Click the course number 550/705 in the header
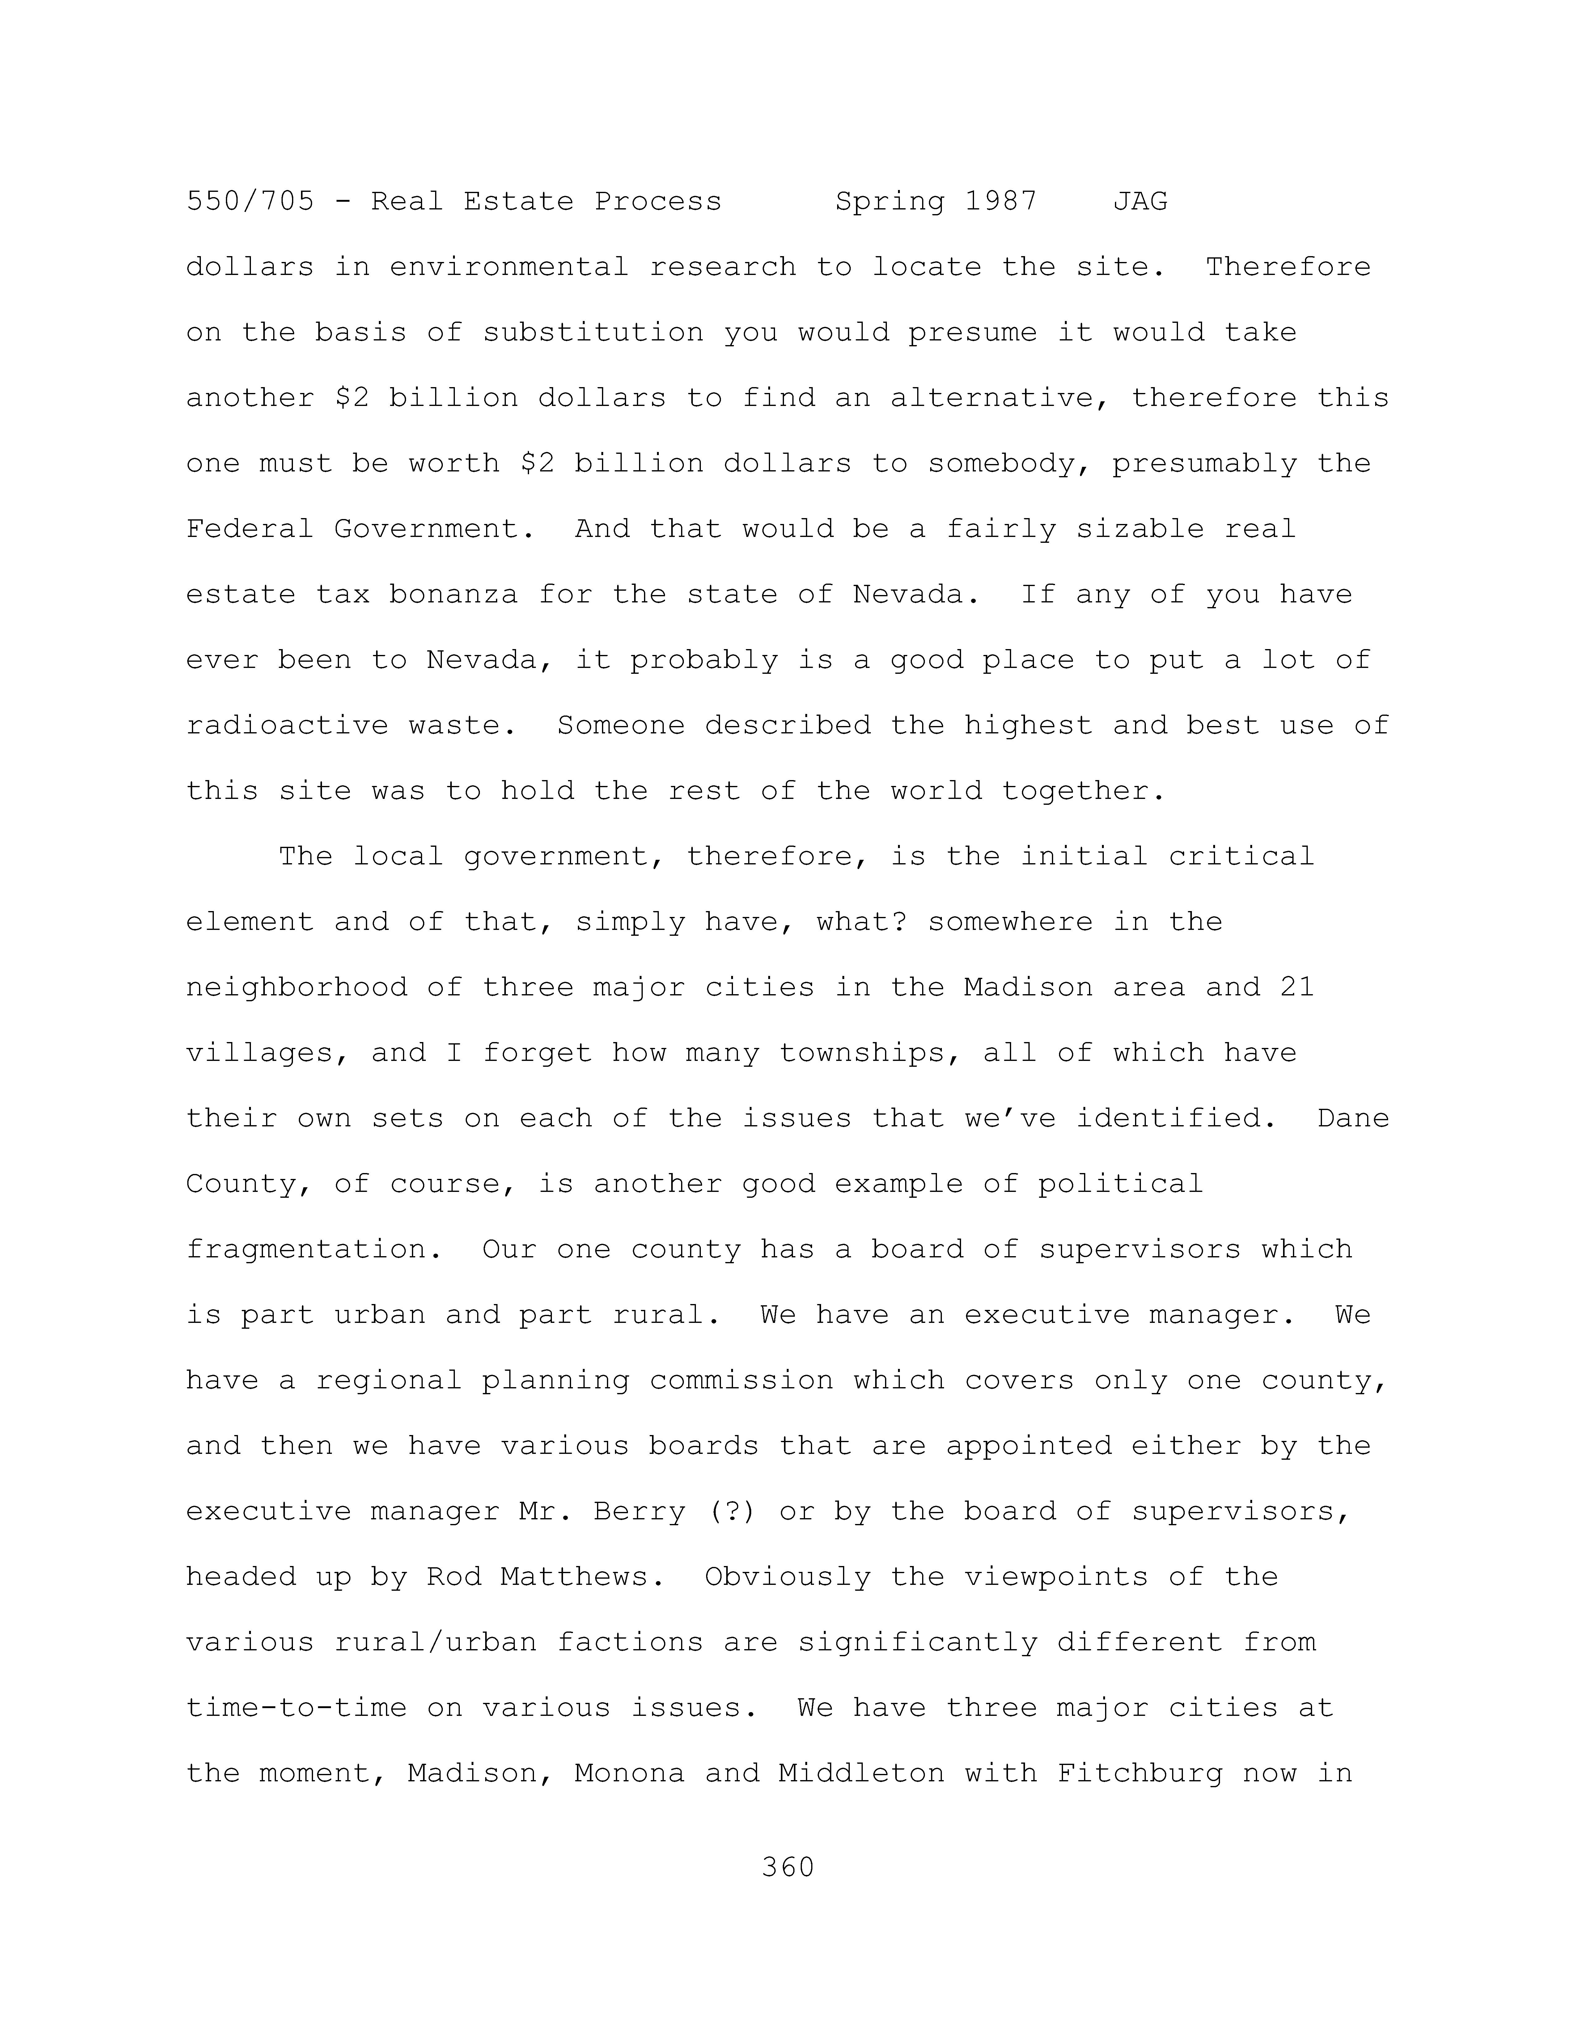(x=250, y=202)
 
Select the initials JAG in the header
(x=1140, y=202)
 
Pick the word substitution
(x=593, y=332)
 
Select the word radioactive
(x=287, y=725)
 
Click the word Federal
(x=249, y=529)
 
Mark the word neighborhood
(x=296, y=988)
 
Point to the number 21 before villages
(x=1297, y=988)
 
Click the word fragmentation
(x=305, y=1249)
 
